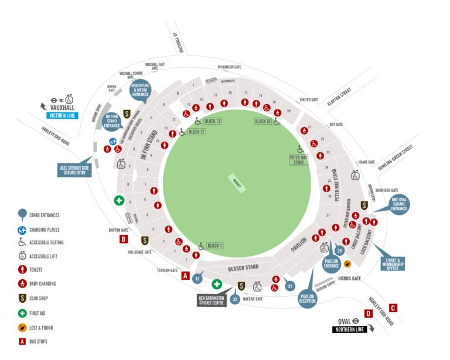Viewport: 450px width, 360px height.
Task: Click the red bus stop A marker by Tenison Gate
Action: point(186,276)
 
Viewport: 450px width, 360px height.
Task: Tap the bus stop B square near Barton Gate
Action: point(124,239)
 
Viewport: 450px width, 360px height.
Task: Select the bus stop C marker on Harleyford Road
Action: point(393,307)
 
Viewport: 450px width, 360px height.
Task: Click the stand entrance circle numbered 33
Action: point(197,279)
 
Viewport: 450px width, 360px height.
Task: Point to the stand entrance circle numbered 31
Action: point(289,286)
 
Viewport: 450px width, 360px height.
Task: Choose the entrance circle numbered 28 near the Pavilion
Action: point(339,251)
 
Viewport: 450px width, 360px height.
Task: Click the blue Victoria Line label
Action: point(63,116)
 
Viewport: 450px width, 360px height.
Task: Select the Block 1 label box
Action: point(214,245)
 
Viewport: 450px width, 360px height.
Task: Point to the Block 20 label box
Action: point(263,121)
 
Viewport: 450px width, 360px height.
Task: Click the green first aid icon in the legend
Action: point(22,313)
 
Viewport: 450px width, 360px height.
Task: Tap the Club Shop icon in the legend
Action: point(22,299)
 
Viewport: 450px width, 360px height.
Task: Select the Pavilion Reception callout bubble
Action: point(308,298)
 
